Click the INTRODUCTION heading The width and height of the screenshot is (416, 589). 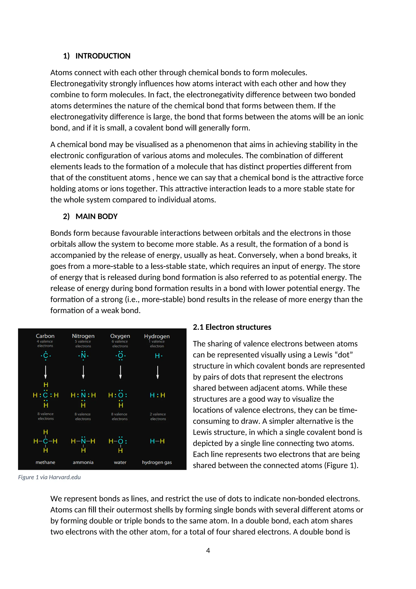103,56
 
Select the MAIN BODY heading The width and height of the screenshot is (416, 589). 96,217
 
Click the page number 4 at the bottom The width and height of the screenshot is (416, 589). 208,551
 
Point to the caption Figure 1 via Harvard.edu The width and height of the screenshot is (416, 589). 49,477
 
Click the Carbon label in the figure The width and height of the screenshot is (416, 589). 45,336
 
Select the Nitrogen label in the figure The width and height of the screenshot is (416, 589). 83,336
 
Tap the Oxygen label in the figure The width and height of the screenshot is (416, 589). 120,336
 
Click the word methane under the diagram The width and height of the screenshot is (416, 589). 45,462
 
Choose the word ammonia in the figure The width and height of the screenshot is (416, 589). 83,462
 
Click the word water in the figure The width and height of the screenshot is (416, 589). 120,462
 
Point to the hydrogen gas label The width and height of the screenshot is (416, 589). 157,462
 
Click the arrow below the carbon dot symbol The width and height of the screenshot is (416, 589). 45,372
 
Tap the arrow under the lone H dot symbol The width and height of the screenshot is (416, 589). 158,372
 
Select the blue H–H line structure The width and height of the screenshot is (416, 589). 157,441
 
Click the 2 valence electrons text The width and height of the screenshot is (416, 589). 158,416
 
